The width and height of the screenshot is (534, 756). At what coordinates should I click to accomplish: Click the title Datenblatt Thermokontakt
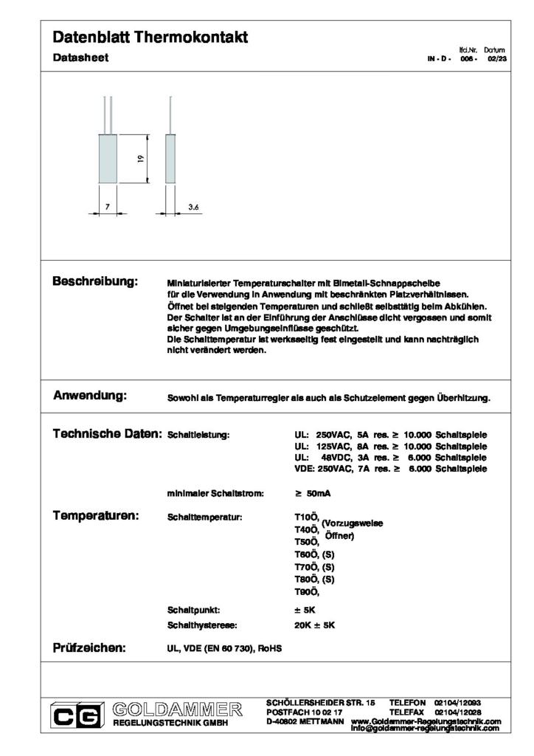[x=150, y=38]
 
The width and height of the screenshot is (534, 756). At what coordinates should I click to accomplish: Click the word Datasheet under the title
[x=81, y=58]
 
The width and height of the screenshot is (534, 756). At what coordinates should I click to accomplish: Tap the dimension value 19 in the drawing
[x=139, y=158]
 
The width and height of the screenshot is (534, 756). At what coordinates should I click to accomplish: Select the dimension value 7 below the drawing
[x=107, y=208]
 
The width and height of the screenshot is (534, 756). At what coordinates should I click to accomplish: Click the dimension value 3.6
[x=194, y=208]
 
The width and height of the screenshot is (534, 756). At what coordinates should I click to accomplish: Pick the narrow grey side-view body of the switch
[x=170, y=158]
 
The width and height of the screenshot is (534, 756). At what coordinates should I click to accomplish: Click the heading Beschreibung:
[x=95, y=282]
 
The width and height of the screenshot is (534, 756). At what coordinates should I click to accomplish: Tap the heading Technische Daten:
[x=107, y=435]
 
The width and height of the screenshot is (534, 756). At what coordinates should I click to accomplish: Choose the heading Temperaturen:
[x=96, y=515]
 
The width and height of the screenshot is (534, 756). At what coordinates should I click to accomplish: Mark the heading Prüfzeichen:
[x=89, y=648]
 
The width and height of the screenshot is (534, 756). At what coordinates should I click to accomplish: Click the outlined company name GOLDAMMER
[x=178, y=709]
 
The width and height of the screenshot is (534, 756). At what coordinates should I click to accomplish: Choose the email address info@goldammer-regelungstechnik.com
[x=425, y=729]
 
